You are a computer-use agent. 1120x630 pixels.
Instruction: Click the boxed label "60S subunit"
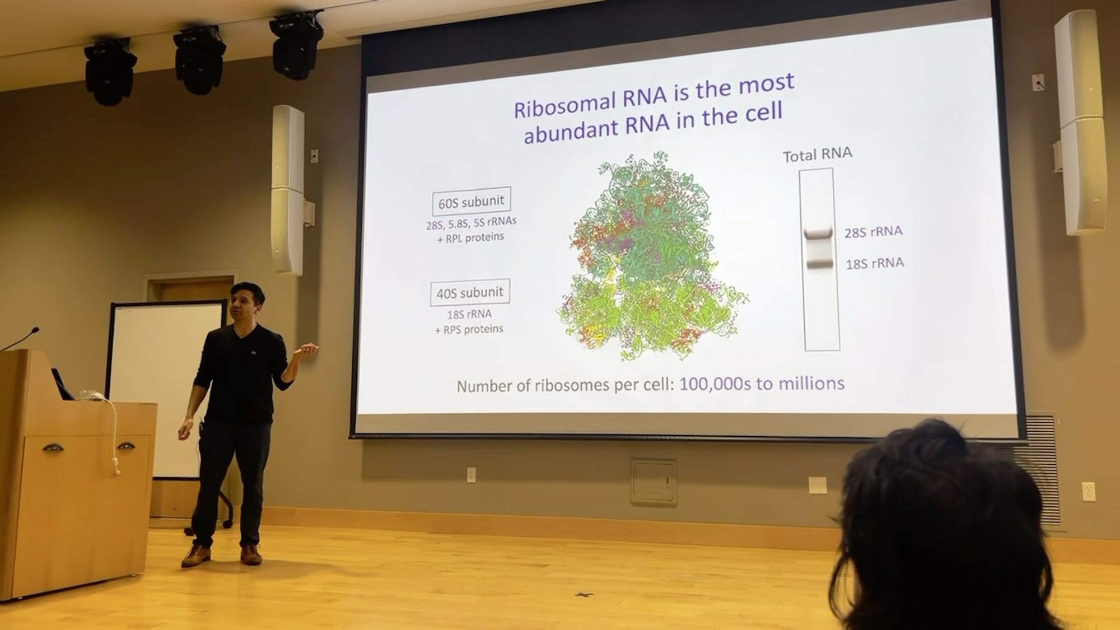[471, 201]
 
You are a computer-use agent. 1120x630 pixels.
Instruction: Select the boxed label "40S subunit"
[470, 292]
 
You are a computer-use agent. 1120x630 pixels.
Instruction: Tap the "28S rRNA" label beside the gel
[873, 232]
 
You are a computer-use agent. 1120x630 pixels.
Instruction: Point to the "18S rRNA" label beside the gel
[875, 263]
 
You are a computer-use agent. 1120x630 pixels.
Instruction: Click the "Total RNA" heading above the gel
[817, 155]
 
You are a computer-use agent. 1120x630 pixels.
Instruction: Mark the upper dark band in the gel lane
[818, 233]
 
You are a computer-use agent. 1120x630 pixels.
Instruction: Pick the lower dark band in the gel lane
[820, 262]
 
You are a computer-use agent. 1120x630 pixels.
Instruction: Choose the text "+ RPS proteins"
[469, 329]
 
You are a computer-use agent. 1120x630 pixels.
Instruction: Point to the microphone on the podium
[21, 338]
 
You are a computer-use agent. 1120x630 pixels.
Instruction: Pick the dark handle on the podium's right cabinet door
[126, 446]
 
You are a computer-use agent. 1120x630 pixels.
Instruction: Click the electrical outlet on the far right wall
[1089, 492]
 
